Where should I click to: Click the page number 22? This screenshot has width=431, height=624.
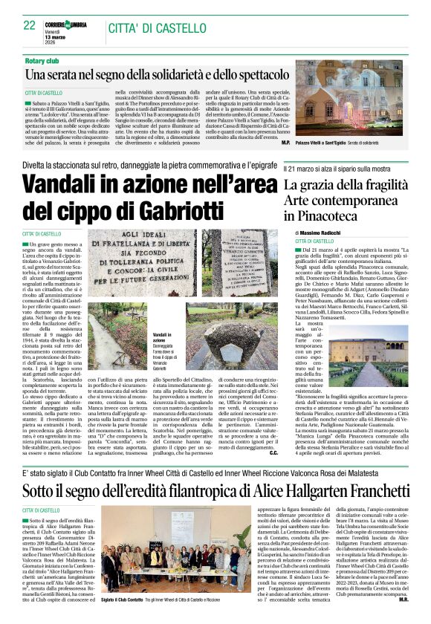point(30,25)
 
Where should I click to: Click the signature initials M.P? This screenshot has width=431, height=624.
point(286,141)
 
